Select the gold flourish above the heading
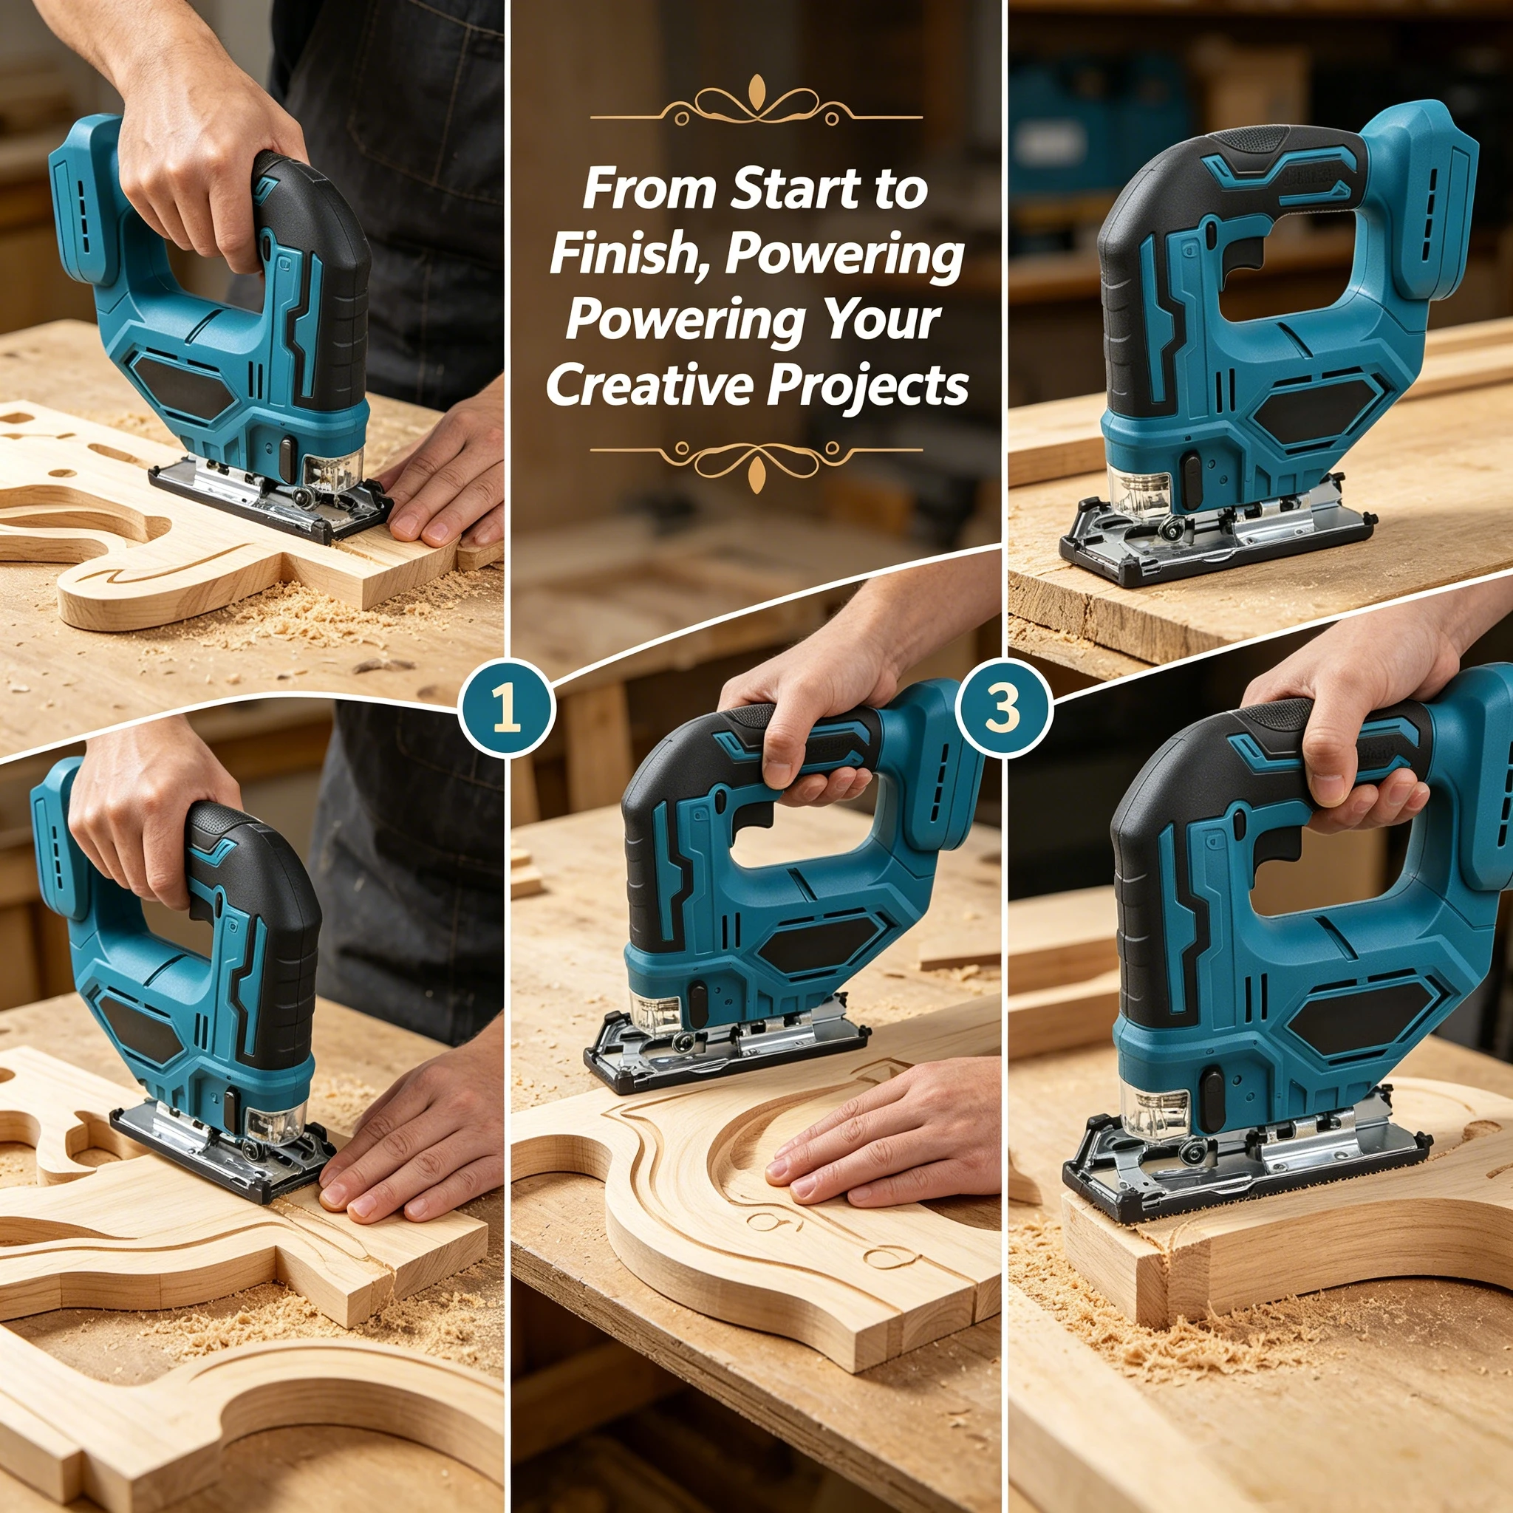pos(756,105)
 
